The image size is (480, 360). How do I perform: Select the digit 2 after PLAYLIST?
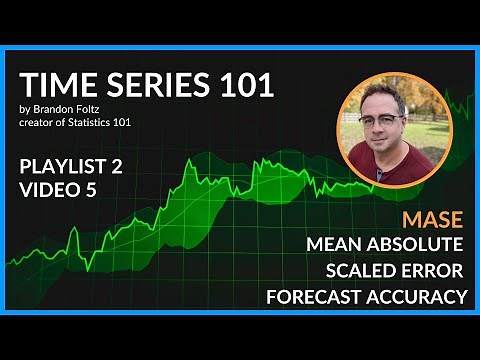coord(117,167)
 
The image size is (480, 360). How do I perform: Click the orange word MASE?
coord(433,219)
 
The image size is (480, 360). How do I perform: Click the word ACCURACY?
coord(418,296)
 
